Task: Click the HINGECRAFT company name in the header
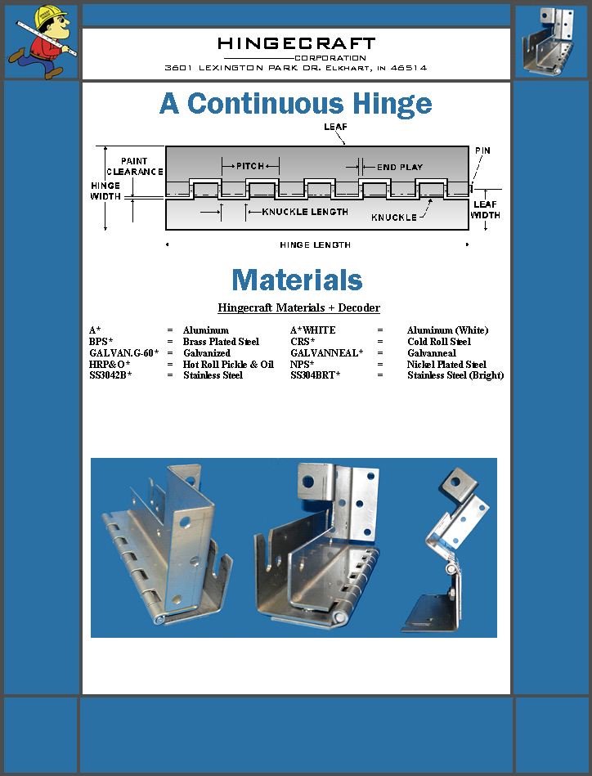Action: pos(296,43)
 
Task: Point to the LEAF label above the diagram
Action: pos(335,127)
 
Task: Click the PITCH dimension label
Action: pos(250,166)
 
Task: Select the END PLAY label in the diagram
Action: pos(400,167)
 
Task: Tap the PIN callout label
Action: pos(482,151)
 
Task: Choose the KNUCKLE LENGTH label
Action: pos(305,212)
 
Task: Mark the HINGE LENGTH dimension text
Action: pos(315,244)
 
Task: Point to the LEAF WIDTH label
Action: pos(486,210)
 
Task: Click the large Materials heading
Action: pos(297,280)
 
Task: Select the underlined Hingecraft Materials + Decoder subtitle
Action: pos(298,308)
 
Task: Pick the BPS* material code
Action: pos(101,342)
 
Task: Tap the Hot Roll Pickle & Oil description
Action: pos(228,364)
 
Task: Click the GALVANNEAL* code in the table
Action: pos(326,353)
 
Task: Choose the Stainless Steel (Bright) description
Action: pos(455,375)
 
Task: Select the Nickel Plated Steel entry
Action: pos(446,364)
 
